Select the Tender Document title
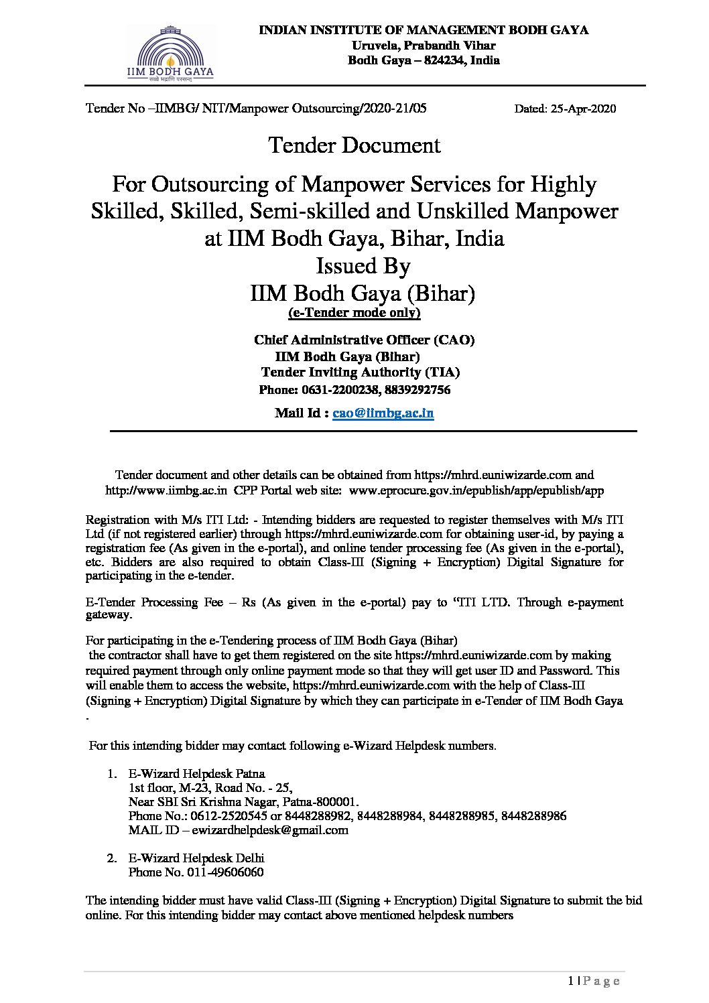354,145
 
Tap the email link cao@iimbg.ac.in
383,413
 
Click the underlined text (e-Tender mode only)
354,313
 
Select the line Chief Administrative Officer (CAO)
364,340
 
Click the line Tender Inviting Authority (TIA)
361,373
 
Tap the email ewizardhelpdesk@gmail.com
270,830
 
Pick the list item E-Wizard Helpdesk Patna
196,774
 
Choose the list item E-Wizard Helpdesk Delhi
196,858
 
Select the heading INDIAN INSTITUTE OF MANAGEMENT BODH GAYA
424,30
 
